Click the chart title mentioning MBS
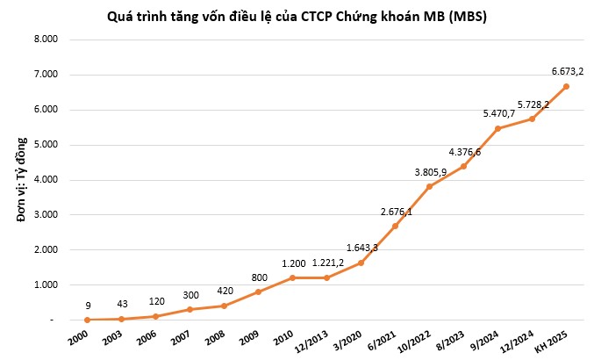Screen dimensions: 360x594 (297, 15)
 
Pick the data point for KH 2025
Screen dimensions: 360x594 (566, 86)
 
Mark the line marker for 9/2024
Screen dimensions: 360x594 (497, 128)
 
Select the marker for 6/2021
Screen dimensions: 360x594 (395, 226)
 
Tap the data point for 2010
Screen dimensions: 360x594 (292, 277)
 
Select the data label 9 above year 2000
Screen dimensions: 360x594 (89, 305)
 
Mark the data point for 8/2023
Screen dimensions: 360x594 (463, 166)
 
